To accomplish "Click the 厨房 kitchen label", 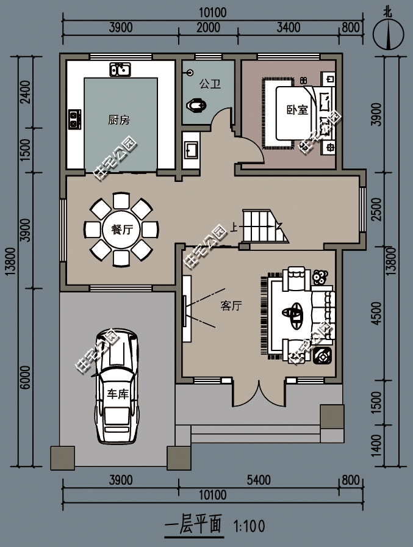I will point(119,120).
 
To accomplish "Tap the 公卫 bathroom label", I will point(210,84).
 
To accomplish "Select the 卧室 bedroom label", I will point(297,110).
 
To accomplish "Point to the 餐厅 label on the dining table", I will point(121,230).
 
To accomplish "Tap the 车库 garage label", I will point(118,393).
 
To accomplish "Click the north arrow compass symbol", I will point(388,34).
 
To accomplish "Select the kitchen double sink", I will point(120,70).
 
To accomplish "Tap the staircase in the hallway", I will point(259,225).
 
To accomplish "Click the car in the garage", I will point(118,386).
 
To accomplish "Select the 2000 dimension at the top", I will point(209,27).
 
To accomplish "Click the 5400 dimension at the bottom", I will point(259,480).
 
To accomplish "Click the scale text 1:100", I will point(248,525).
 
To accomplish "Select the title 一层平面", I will point(193,524).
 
